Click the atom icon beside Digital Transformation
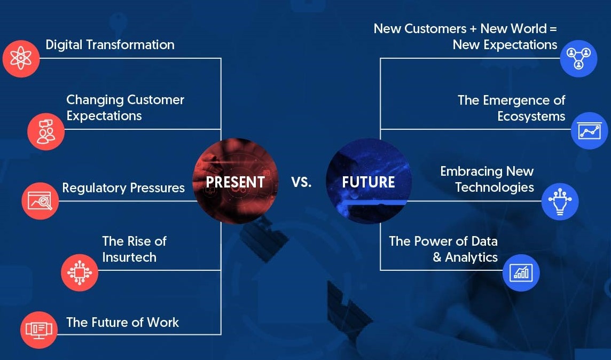(x=21, y=58)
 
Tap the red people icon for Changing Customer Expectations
(x=46, y=132)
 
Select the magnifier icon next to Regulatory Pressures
(x=40, y=201)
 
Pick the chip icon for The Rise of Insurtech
(x=80, y=273)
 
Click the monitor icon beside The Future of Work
(x=39, y=330)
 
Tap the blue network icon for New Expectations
(x=578, y=58)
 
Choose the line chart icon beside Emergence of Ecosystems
(x=590, y=131)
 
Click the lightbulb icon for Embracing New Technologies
(x=560, y=202)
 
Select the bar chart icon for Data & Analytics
(x=521, y=273)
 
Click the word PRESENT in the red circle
(x=236, y=182)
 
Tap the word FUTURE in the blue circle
(x=368, y=182)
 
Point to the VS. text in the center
(x=301, y=182)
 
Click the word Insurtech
(x=129, y=257)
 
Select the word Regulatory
(x=95, y=188)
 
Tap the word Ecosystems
(x=531, y=116)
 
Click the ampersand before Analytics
(x=437, y=257)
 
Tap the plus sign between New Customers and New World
(x=473, y=29)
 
